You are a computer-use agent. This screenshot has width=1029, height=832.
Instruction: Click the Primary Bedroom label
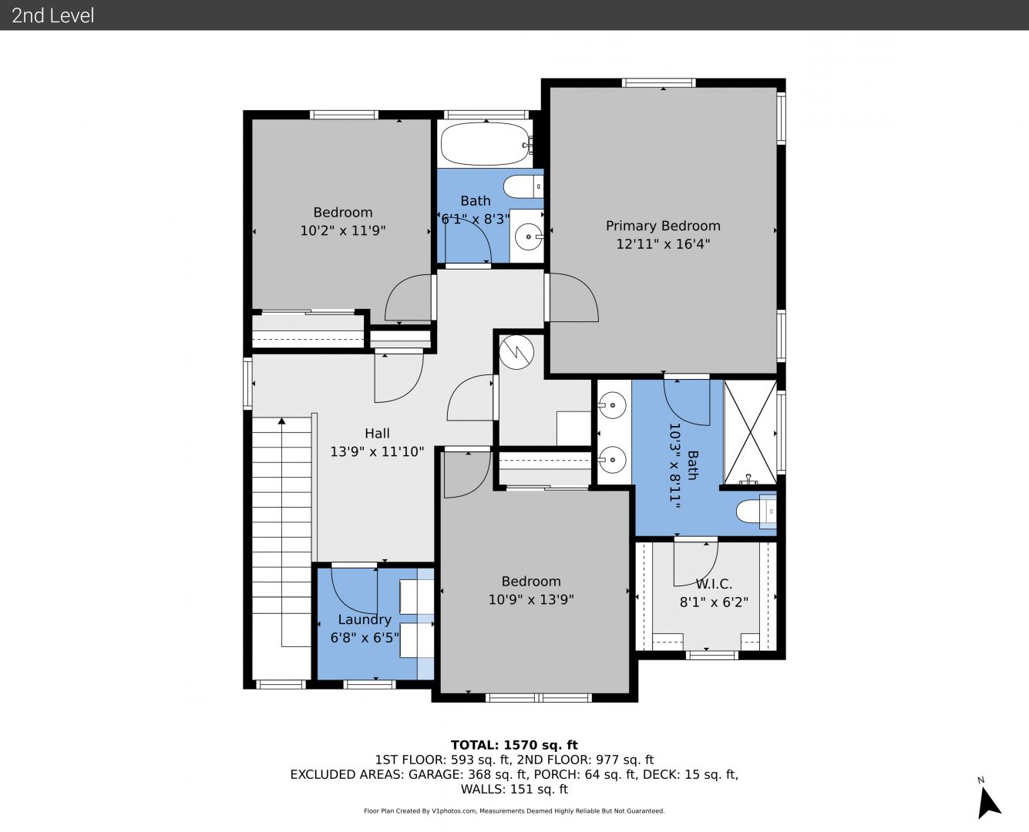[663, 226]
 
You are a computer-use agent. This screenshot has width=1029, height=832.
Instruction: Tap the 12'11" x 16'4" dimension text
[663, 244]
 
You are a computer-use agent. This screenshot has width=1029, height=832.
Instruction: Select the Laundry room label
[365, 619]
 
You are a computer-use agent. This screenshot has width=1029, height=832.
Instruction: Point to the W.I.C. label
[714, 584]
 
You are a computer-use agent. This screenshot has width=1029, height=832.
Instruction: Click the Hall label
[377, 433]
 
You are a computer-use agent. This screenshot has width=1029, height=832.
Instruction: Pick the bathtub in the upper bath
[486, 143]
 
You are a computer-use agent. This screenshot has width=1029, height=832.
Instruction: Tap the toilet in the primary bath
[756, 512]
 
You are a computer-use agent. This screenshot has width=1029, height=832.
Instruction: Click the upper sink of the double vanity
[612, 404]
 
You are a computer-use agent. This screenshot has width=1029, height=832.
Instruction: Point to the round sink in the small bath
[529, 237]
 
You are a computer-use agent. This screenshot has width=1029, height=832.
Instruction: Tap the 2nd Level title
[52, 15]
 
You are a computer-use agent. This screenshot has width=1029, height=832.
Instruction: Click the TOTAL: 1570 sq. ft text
[514, 745]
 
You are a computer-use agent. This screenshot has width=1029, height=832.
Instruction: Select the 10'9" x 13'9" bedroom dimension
[531, 600]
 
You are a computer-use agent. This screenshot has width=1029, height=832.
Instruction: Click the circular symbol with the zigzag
[516, 353]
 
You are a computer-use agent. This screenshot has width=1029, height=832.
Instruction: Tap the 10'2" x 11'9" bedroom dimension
[343, 231]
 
